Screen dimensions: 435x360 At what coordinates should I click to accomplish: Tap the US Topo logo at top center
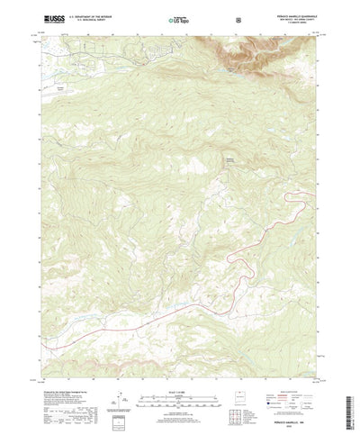pyautogui.click(x=180, y=17)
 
